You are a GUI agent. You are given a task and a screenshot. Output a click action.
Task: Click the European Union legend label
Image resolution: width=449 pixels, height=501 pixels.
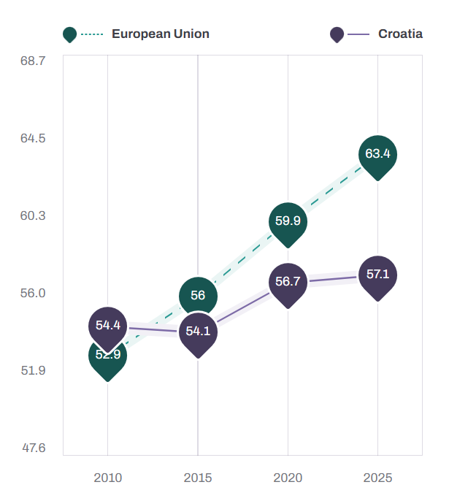[x=160, y=34]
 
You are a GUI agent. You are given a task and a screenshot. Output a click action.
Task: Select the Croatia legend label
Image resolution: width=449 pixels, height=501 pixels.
[x=400, y=34]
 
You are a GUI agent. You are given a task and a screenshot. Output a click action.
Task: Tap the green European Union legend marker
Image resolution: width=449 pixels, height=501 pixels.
[x=70, y=34]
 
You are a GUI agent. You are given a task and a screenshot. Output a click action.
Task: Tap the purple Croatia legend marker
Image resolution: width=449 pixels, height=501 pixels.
[x=337, y=34]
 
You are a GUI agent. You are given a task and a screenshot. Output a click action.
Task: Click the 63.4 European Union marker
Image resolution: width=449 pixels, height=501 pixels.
[x=377, y=154]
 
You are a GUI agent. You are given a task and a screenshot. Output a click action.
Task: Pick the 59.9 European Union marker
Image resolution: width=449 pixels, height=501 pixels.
[x=288, y=221]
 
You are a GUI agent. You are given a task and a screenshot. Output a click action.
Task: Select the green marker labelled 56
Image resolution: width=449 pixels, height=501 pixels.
[x=198, y=295]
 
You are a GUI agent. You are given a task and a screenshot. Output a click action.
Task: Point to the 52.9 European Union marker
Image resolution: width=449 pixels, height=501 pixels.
[x=108, y=356]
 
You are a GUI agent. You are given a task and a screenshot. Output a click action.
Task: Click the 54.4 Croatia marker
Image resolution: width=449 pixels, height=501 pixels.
[x=108, y=325]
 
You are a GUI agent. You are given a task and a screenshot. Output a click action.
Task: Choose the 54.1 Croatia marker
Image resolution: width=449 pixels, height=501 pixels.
[x=198, y=331]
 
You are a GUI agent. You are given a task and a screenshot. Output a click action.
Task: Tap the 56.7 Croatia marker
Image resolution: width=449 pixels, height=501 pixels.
[x=288, y=281]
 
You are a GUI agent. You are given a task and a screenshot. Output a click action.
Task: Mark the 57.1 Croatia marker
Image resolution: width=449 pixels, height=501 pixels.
[x=377, y=275]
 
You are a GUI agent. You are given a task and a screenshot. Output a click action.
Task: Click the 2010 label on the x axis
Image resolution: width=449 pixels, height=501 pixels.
[x=108, y=478]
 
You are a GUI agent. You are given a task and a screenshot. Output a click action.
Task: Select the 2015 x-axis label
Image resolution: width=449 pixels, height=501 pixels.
[x=198, y=478]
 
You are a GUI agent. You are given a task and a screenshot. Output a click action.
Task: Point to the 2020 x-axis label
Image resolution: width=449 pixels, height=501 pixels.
[x=288, y=478]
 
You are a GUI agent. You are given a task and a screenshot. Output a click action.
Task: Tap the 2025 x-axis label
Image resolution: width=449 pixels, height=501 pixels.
[x=377, y=478]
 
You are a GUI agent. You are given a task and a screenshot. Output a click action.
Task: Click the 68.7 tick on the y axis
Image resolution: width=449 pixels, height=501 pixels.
[x=33, y=61]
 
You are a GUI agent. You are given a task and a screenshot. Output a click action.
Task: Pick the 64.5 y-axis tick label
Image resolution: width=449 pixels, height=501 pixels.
[x=33, y=139]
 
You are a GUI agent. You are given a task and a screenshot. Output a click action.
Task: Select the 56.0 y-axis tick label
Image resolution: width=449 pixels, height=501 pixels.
[x=33, y=293]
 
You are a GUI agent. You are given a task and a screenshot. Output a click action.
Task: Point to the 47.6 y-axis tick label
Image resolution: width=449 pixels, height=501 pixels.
[x=33, y=448]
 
